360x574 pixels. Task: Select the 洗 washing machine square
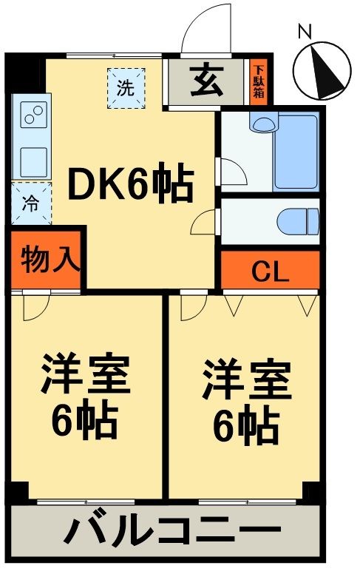tap(126, 87)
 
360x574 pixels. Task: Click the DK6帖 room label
tap(131, 185)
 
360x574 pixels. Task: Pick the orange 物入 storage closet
tap(47, 260)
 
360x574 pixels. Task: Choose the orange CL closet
tap(271, 271)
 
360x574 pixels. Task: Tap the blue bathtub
tap(296, 152)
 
